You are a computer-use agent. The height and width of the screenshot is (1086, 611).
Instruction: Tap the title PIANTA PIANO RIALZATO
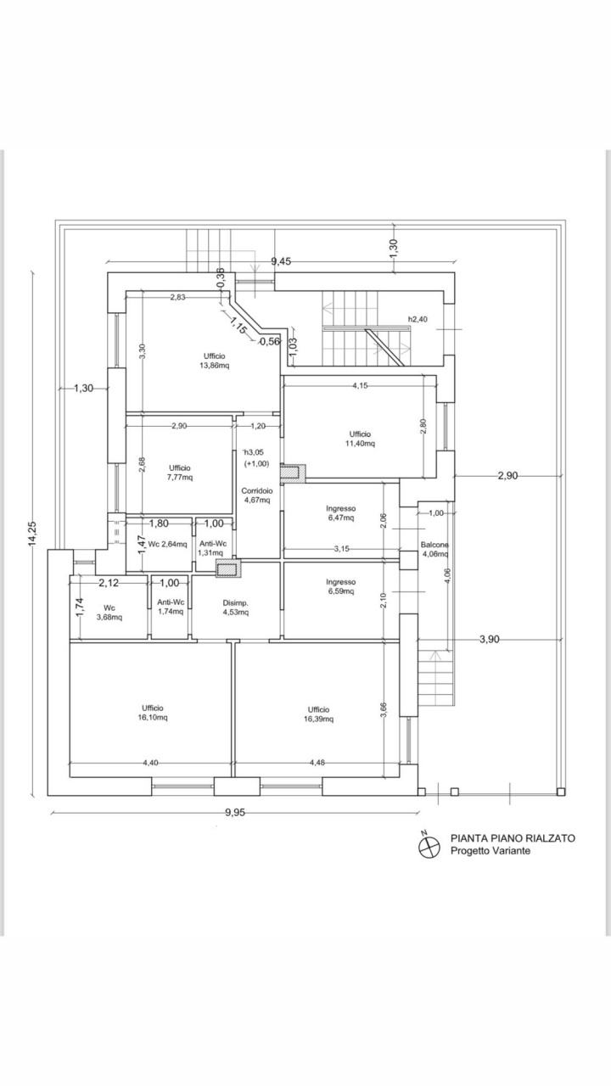(513, 838)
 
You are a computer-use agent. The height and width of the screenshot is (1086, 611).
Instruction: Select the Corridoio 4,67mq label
(257, 495)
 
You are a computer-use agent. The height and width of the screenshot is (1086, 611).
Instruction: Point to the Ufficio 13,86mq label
(215, 361)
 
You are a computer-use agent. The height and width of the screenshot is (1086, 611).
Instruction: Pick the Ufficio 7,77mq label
(179, 473)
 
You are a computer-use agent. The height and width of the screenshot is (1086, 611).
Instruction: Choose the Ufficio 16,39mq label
(318, 714)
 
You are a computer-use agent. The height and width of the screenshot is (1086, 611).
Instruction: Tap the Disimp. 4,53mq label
(236, 607)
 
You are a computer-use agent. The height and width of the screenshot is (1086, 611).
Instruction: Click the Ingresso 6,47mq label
(340, 513)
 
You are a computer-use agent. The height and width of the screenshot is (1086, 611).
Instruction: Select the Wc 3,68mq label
(109, 613)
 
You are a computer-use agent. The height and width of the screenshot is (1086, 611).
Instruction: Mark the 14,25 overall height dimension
(33, 534)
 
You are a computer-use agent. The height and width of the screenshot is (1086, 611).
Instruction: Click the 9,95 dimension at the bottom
(235, 813)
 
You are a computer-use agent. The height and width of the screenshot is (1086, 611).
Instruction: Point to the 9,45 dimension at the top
(281, 262)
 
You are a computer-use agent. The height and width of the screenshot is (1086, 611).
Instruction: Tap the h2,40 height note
(418, 319)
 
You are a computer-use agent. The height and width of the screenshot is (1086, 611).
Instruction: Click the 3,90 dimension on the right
(490, 640)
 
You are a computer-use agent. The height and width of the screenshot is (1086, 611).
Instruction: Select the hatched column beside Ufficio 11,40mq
(294, 473)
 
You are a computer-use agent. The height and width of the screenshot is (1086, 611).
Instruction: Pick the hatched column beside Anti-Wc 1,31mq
(228, 568)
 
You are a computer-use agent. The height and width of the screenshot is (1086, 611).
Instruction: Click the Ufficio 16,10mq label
(152, 713)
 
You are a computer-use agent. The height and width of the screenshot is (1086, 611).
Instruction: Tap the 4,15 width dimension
(360, 386)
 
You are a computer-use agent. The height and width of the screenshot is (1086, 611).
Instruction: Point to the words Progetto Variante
(490, 851)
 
